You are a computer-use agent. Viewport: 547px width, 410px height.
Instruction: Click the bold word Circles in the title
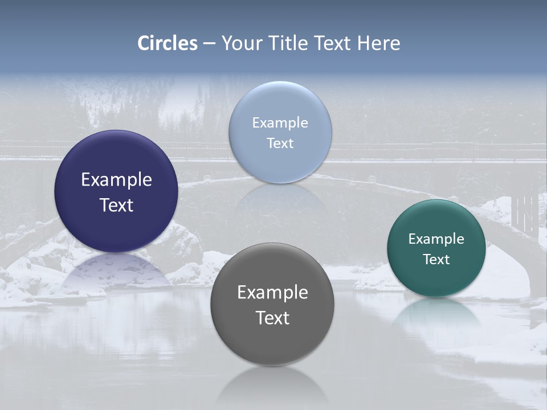pos(168,43)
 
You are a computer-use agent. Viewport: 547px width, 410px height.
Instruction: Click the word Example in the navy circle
pos(116,180)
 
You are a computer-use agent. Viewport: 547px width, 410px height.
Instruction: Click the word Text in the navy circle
pos(116,205)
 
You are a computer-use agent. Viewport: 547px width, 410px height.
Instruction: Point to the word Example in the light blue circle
pos(280,123)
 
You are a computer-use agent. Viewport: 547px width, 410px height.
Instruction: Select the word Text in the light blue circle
pos(280,143)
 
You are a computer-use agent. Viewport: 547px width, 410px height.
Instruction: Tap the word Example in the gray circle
pos(272,293)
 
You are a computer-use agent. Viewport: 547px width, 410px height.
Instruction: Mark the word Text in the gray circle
pos(272,318)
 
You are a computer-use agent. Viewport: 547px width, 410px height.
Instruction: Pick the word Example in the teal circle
pos(436,239)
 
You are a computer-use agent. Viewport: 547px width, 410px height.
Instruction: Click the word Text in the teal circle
pos(436,260)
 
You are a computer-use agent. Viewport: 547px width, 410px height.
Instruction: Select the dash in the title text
pos(209,43)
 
